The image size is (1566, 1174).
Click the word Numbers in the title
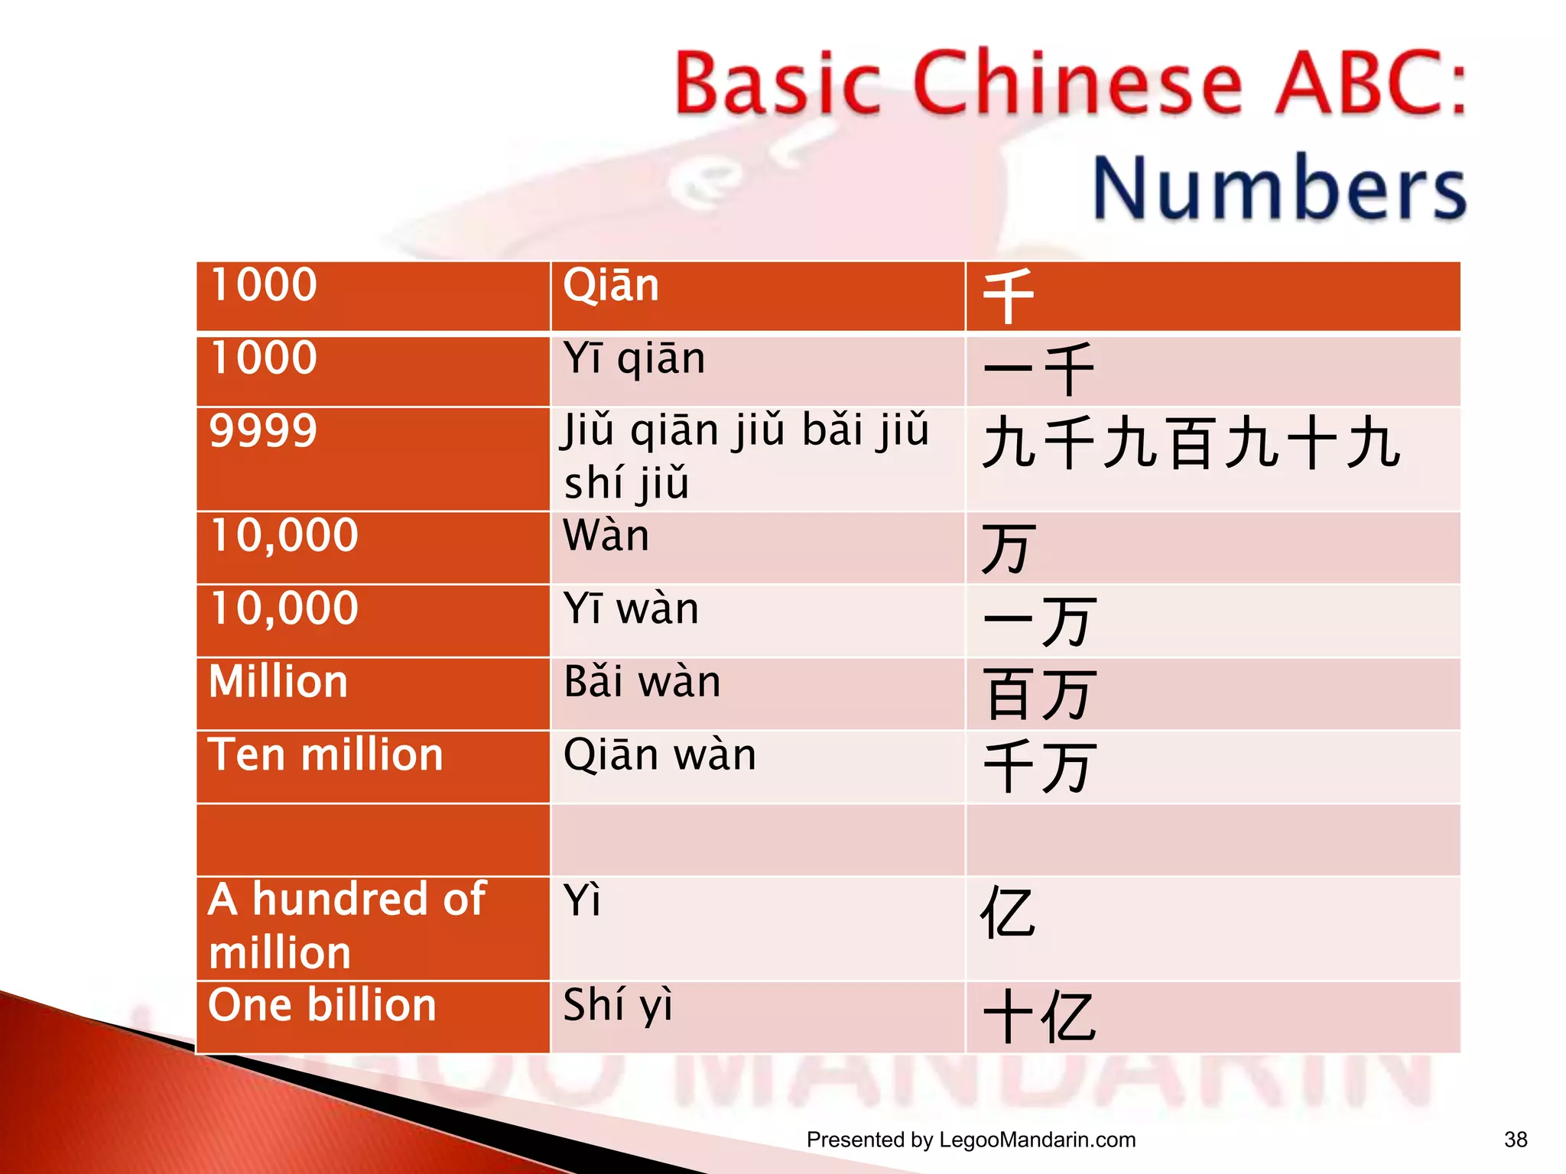[1278, 188]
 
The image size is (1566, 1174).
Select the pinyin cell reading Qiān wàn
[659, 756]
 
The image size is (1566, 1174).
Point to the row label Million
[278, 682]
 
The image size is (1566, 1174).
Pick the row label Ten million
[326, 755]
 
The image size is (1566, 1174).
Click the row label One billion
[322, 1005]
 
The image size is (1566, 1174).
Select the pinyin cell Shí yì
[618, 1006]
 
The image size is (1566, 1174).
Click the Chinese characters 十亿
[1039, 1017]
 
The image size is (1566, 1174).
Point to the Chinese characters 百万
[1041, 694]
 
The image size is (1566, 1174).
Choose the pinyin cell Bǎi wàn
[642, 682]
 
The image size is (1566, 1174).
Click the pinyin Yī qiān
[634, 358]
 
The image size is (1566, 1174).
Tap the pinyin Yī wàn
[631, 609]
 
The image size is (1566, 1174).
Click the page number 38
[1516, 1140]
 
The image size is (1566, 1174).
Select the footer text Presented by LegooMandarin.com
[970, 1140]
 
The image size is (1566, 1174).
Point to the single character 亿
[1009, 913]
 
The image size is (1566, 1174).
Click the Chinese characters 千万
[1041, 767]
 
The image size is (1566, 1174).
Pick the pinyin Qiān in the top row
[610, 286]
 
